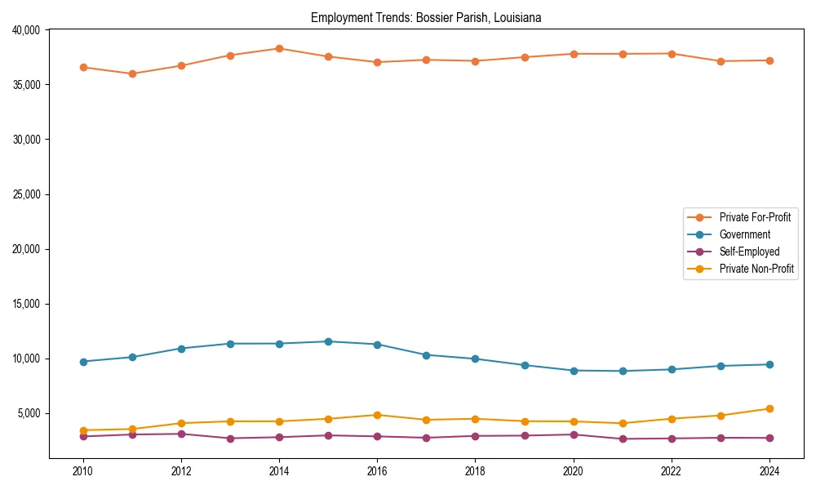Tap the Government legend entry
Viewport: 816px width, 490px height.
point(744,234)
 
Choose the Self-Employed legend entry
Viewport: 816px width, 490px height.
point(749,252)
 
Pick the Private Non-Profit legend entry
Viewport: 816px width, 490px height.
point(756,269)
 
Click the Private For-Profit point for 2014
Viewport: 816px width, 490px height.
point(279,48)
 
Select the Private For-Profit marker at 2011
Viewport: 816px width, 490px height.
point(132,73)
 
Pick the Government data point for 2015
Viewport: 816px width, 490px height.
point(328,341)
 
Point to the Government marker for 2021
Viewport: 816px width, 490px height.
point(623,371)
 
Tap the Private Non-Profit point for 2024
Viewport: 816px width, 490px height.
point(769,408)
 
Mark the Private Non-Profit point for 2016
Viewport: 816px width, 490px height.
point(377,415)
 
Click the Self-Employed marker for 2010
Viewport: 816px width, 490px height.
point(82,436)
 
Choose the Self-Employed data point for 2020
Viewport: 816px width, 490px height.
point(574,434)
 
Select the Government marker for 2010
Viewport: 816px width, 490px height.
point(82,361)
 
